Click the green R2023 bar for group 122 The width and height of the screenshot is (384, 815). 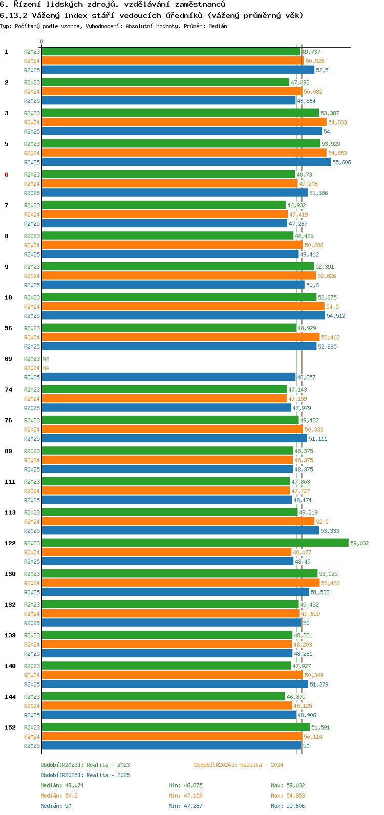195,543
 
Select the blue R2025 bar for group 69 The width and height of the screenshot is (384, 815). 168,377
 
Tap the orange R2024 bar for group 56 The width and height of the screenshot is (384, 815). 181,337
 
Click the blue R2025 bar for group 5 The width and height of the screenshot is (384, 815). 186,162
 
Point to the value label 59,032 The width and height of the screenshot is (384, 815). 359,543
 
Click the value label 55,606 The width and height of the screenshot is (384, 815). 342,162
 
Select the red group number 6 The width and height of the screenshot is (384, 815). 7,175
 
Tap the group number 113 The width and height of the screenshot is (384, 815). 10,512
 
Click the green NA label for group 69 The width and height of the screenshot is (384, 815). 46,359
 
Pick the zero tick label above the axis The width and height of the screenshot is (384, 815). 41,41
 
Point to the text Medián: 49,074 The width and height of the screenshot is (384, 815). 62,785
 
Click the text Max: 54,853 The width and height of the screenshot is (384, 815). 288,796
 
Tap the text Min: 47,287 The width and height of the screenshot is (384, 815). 186,806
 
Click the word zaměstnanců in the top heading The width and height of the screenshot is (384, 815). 200,5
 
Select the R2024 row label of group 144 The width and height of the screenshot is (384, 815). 32,706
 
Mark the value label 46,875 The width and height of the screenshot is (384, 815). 296,697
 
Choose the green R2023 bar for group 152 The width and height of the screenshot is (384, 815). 176,727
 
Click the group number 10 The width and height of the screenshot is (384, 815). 8,297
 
